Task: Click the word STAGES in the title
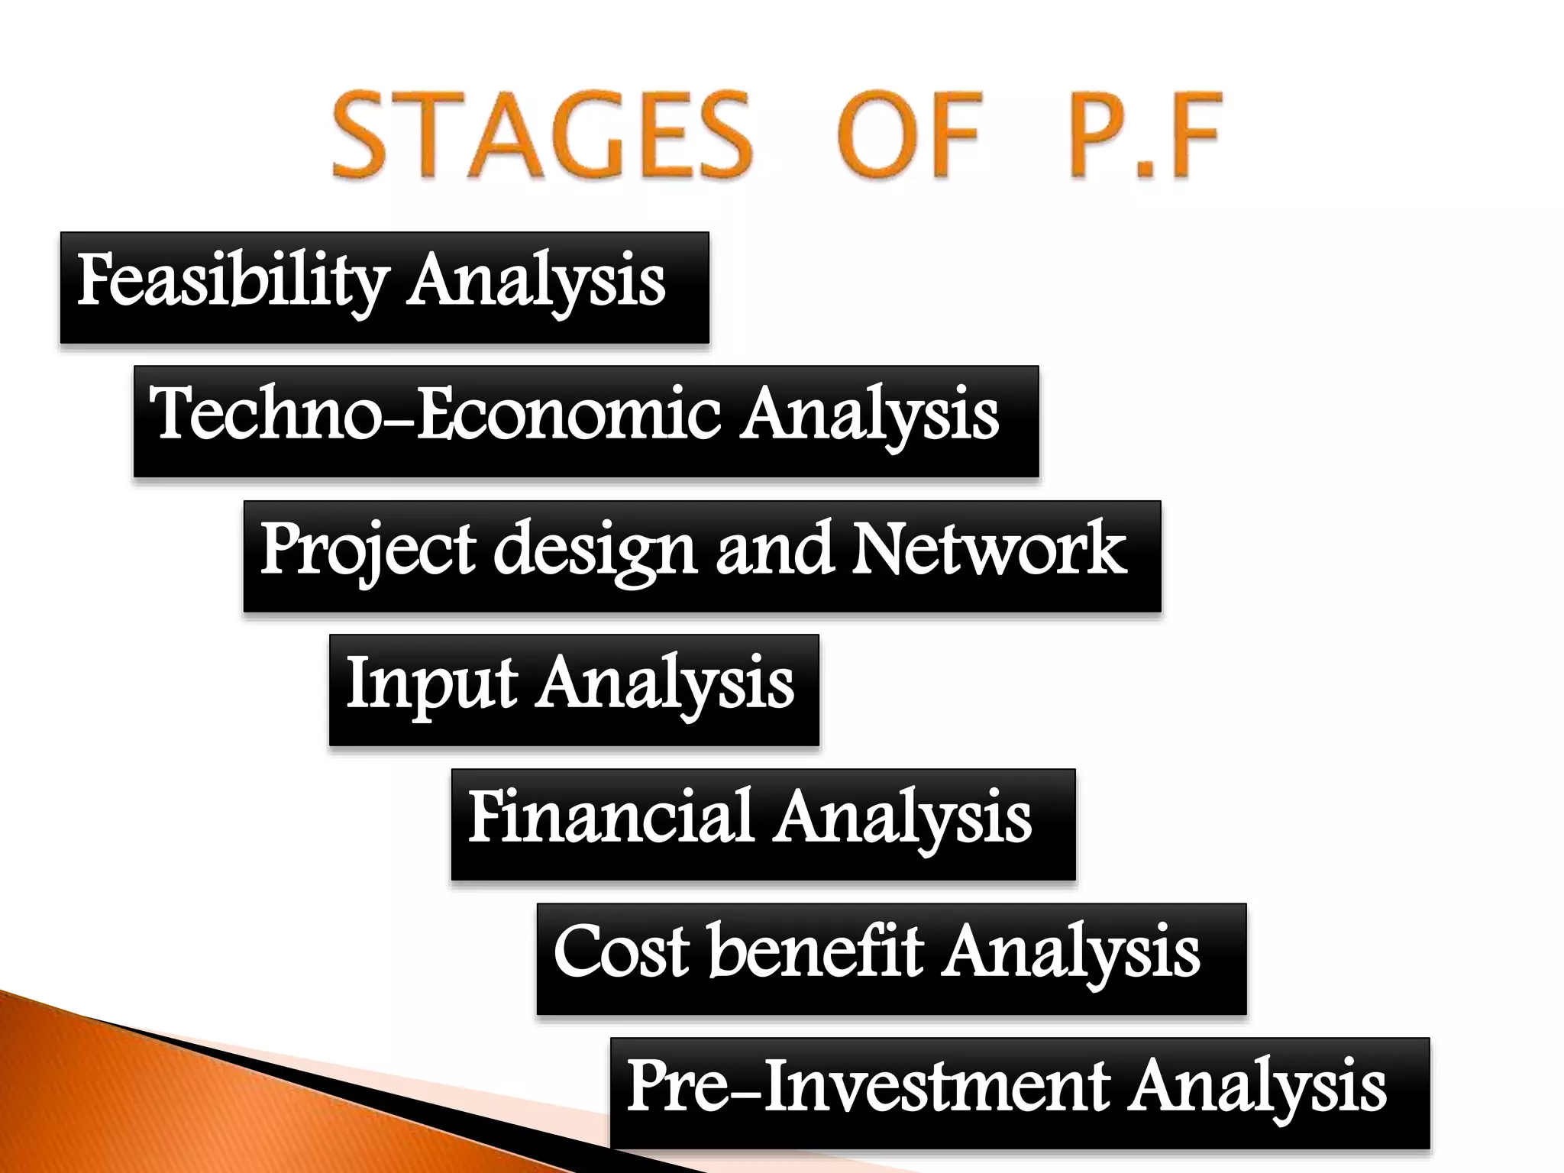[543, 135]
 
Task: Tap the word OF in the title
[909, 135]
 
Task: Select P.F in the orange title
[1146, 135]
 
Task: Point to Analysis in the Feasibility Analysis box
[536, 281]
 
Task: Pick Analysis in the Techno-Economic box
[871, 415]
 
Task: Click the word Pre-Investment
[868, 1085]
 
